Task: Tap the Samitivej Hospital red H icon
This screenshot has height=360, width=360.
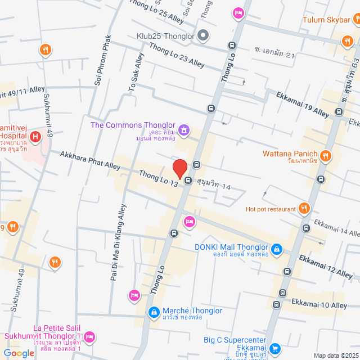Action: coord(35,136)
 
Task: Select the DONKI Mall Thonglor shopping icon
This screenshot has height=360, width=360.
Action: coord(277,248)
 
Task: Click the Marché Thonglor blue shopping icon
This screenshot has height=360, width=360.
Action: coord(152,312)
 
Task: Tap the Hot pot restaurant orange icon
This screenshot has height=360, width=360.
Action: coord(304,209)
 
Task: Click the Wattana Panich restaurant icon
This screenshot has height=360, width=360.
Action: coord(325,155)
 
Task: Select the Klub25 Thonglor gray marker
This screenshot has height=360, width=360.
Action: coord(204,36)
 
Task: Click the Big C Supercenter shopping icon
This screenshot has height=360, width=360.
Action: coord(274,349)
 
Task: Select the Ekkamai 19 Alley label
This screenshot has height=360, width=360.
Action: coord(302,105)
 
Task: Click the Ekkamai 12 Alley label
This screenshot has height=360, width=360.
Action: coord(326,266)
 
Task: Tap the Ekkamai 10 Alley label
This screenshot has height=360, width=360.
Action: coord(319,305)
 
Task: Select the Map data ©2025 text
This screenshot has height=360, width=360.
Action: coord(335,355)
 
